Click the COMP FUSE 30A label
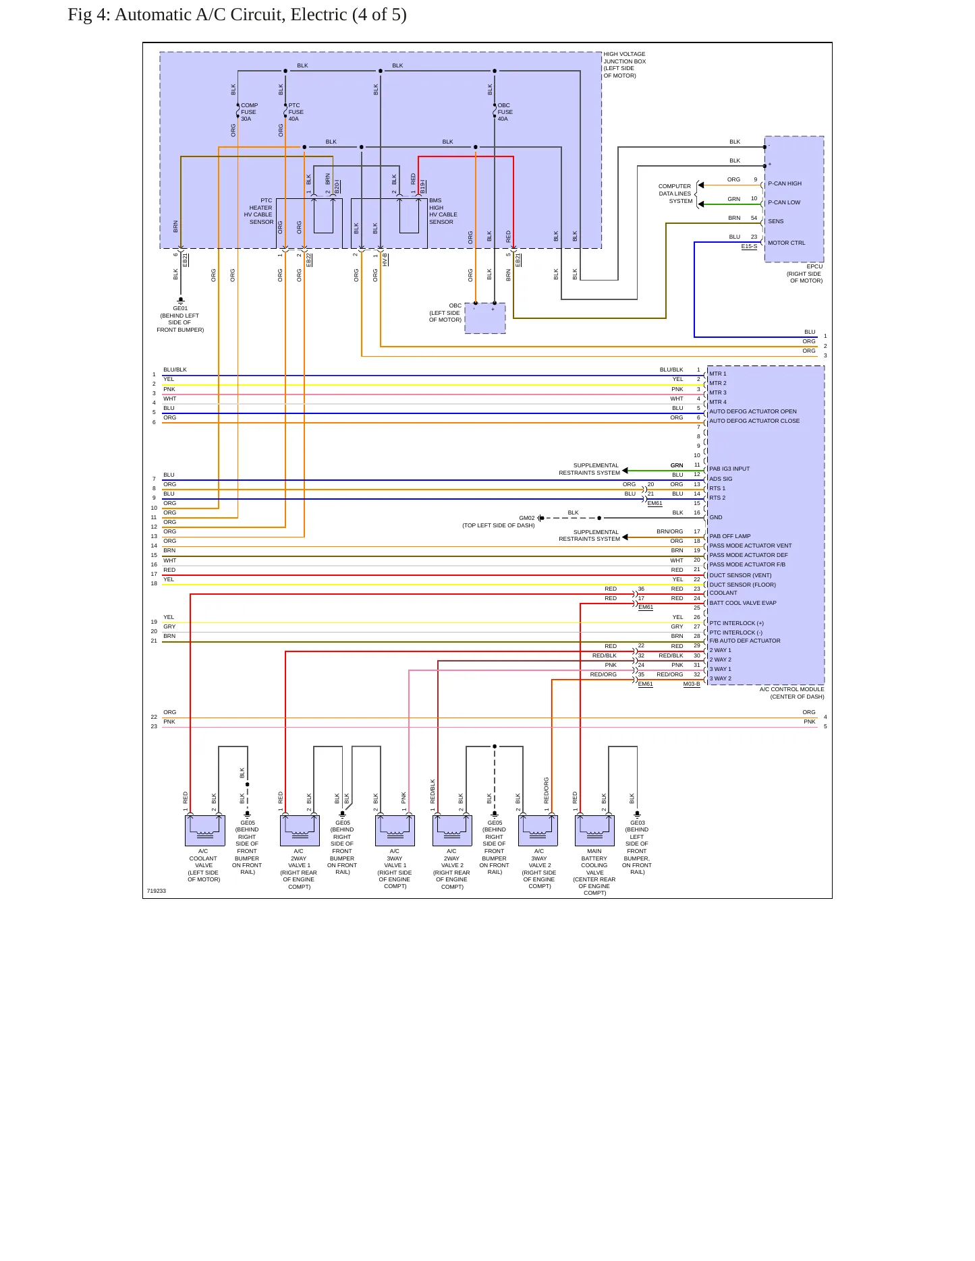249,112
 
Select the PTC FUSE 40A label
296,112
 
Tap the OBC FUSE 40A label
505,112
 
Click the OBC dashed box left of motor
485,318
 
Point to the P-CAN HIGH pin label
785,183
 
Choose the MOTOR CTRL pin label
786,243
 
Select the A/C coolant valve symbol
204,830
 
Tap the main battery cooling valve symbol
594,830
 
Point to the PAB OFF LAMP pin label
730,536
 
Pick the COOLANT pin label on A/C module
723,593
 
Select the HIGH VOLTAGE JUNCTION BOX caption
624,65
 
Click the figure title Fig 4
238,15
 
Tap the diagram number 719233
157,891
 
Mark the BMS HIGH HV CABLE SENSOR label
443,211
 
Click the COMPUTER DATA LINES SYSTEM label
675,194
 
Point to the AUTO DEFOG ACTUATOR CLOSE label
754,421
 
